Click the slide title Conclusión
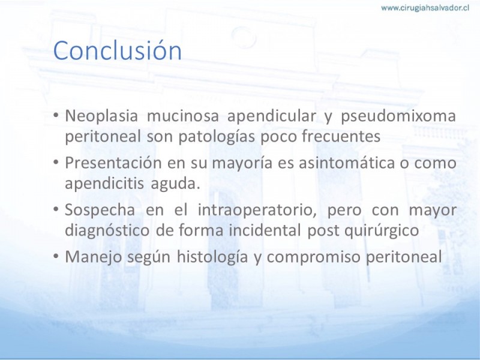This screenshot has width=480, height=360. [x=118, y=50]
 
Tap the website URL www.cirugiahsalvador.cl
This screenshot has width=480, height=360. [x=425, y=8]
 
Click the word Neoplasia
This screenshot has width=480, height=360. [x=101, y=116]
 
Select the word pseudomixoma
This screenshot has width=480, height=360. [x=398, y=116]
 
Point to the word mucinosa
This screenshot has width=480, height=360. [x=183, y=116]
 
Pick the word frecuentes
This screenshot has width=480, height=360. [x=341, y=136]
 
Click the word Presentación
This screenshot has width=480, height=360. [x=113, y=163]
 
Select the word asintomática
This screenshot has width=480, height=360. [x=347, y=163]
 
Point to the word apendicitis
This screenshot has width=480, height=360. [x=104, y=183]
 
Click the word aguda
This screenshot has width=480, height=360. [x=175, y=184]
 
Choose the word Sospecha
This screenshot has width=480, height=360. [x=100, y=211]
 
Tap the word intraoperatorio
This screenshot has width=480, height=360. [x=257, y=211]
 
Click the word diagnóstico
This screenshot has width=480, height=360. [x=107, y=230]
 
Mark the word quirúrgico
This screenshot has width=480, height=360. [x=382, y=230]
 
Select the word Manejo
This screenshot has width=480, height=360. [x=94, y=257]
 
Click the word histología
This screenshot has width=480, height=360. [x=212, y=257]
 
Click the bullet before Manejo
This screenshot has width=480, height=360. [x=56, y=256]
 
